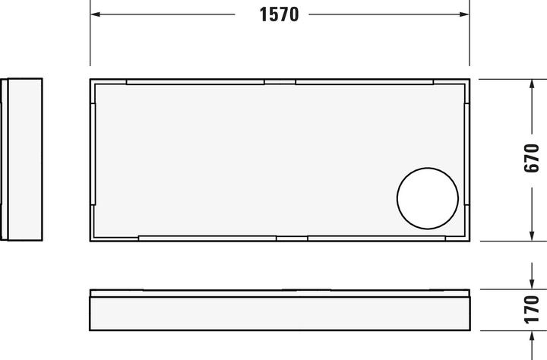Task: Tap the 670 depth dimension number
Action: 531,159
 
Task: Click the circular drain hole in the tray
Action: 428,200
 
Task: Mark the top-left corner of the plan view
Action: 90,79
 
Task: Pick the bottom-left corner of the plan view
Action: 90,240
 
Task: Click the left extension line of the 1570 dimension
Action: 90,38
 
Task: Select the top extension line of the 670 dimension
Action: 509,78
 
